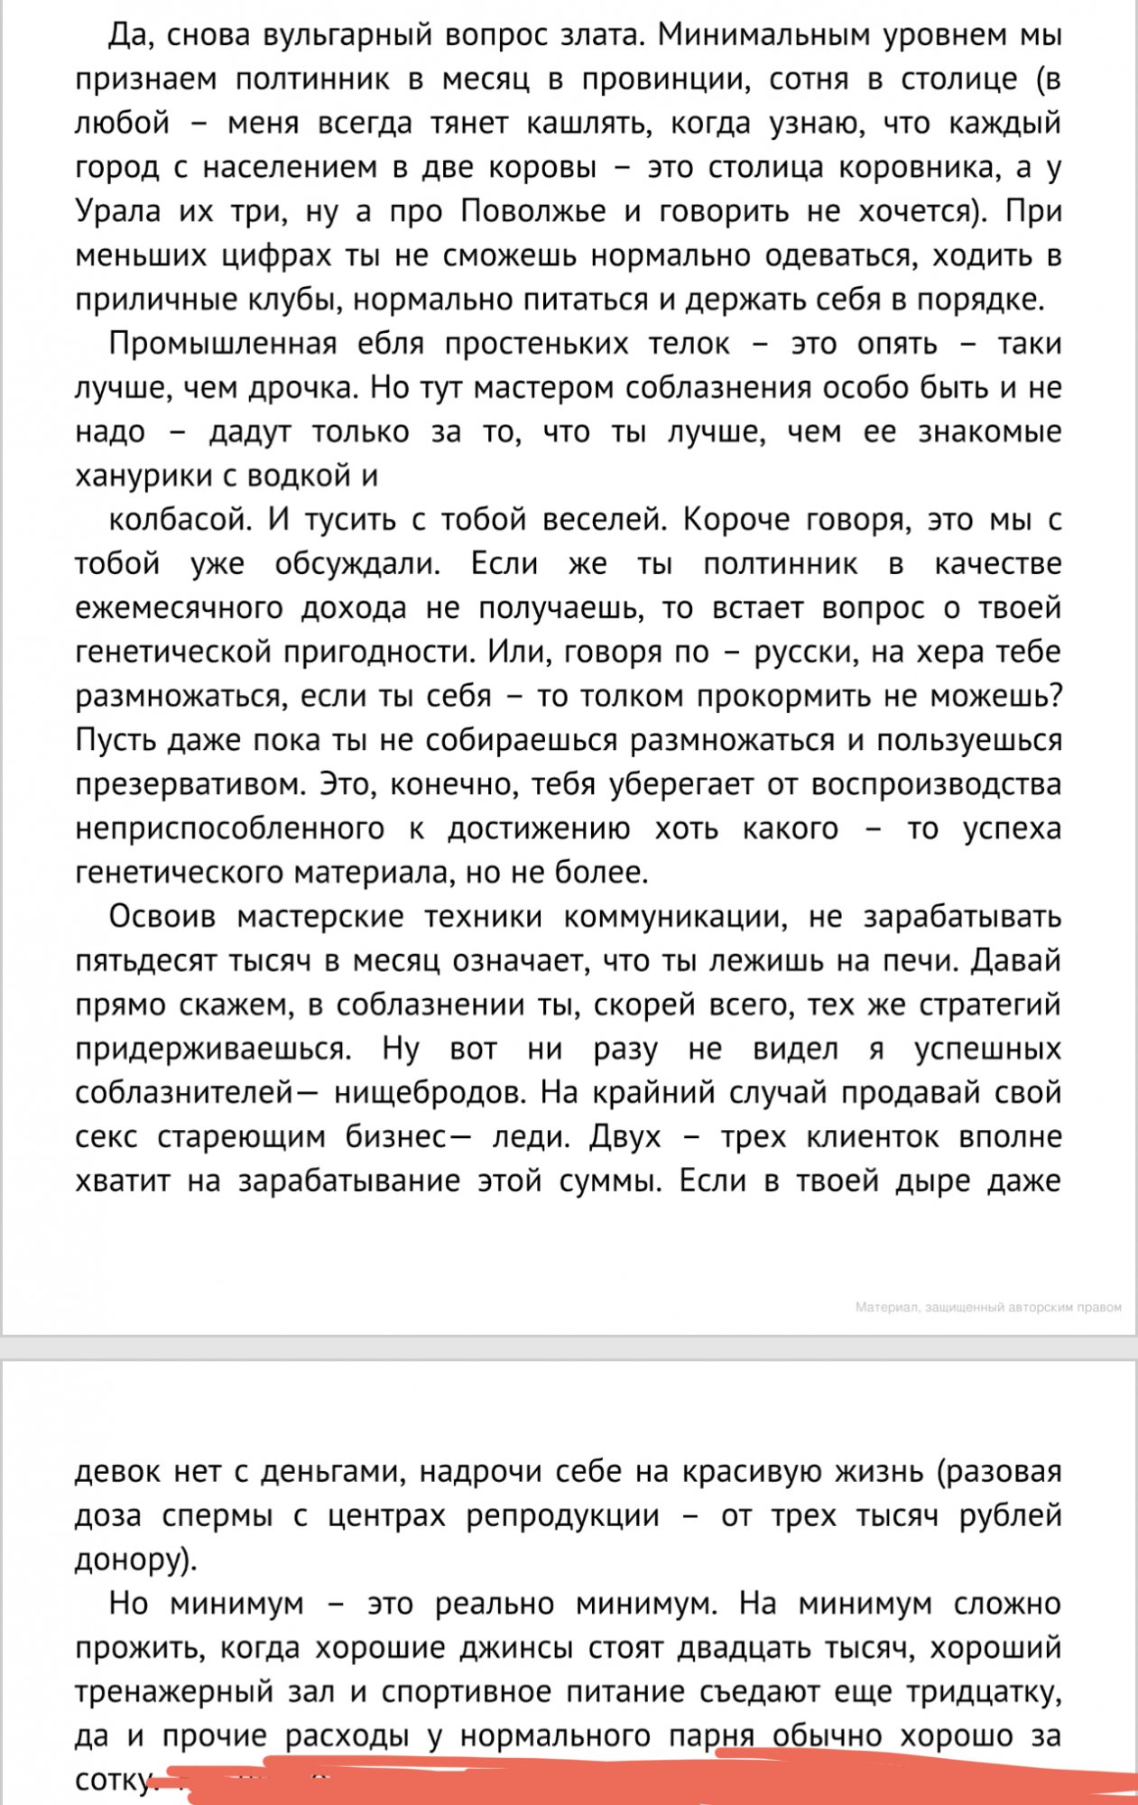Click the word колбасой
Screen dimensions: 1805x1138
pyautogui.click(x=178, y=521)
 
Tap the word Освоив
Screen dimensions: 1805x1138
pyautogui.click(x=162, y=918)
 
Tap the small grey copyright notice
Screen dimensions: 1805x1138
pyautogui.click(x=987, y=1307)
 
